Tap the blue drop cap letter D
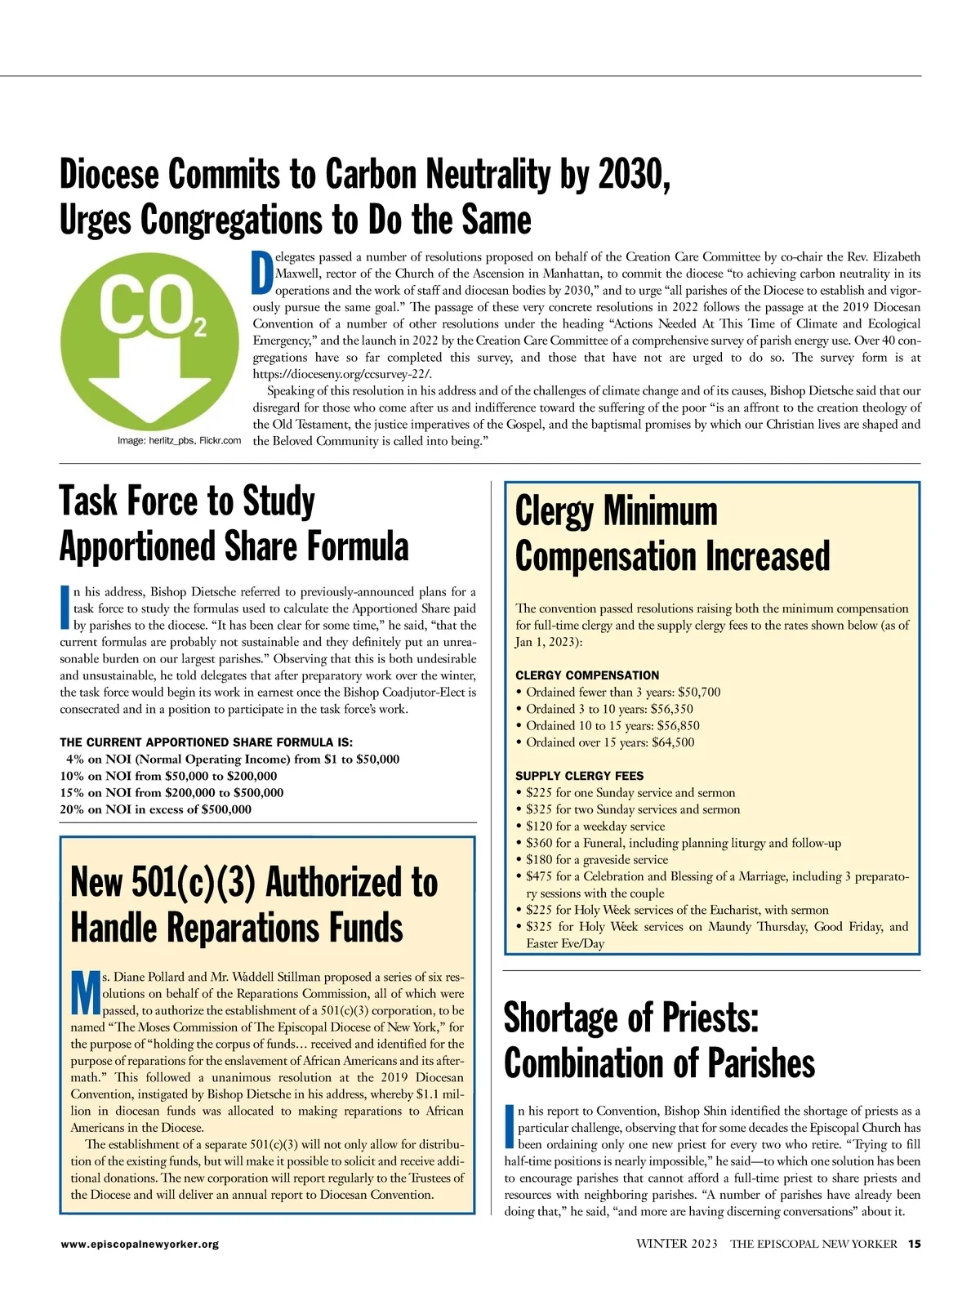click(x=261, y=272)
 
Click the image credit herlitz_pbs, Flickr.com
click(x=179, y=441)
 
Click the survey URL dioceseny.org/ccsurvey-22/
click(x=342, y=374)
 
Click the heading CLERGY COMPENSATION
click(x=587, y=675)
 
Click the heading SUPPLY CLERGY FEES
click(x=579, y=776)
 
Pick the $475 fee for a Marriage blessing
click(x=539, y=876)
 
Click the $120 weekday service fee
click(x=539, y=826)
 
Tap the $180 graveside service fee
click(x=539, y=859)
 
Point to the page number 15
click(x=914, y=1244)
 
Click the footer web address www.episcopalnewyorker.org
click(x=139, y=1245)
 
